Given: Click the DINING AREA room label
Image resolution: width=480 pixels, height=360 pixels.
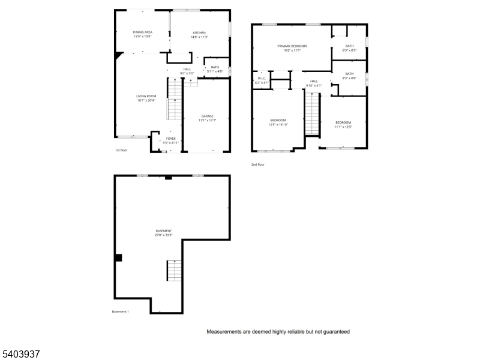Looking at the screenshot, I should click(x=142, y=32).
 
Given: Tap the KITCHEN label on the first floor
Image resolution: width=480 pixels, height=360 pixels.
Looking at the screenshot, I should click(x=199, y=32).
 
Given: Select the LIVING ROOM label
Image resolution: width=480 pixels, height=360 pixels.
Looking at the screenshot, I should click(x=146, y=96).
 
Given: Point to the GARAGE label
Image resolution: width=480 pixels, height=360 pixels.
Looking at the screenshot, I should click(x=207, y=116).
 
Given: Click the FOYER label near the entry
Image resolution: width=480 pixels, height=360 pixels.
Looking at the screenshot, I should click(x=171, y=139).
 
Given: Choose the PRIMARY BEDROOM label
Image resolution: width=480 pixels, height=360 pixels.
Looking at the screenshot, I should click(x=292, y=46).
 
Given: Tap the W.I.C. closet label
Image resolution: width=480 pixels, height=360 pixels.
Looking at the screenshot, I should click(x=262, y=79).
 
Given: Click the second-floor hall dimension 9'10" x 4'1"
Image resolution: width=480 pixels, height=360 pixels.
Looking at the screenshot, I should click(x=314, y=86).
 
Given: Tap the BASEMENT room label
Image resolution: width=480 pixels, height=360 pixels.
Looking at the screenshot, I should click(x=164, y=231).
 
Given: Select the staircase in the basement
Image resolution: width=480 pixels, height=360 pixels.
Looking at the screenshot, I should click(x=174, y=271).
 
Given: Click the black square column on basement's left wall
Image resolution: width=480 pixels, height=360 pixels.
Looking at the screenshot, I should click(x=118, y=257).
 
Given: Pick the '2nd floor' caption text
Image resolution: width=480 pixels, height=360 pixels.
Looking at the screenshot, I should click(x=258, y=164).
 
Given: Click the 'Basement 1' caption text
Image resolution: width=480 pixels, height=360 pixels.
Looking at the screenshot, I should click(x=121, y=311).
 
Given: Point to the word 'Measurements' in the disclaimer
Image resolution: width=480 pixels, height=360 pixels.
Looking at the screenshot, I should click(x=225, y=332).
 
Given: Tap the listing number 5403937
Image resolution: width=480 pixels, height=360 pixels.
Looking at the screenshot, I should click(x=21, y=354).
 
